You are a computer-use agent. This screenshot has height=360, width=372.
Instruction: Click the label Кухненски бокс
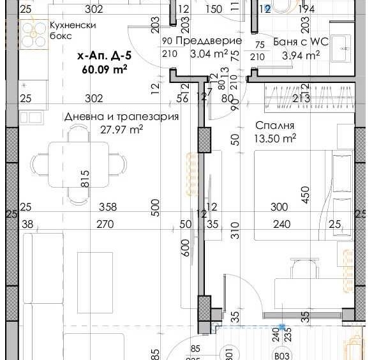click(73, 31)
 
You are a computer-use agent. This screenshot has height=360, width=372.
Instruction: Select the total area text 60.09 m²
click(105, 70)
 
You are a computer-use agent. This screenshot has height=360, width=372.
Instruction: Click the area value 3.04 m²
click(209, 54)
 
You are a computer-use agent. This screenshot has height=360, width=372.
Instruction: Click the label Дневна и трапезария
click(121, 117)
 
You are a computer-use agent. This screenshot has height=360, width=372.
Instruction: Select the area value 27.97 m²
click(121, 130)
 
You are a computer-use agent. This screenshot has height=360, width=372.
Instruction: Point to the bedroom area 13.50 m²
click(276, 138)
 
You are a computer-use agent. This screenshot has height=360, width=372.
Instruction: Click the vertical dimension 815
click(85, 178)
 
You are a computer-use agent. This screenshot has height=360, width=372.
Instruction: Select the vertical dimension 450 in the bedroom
click(305, 194)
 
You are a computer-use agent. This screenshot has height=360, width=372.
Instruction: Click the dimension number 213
click(300, 98)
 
